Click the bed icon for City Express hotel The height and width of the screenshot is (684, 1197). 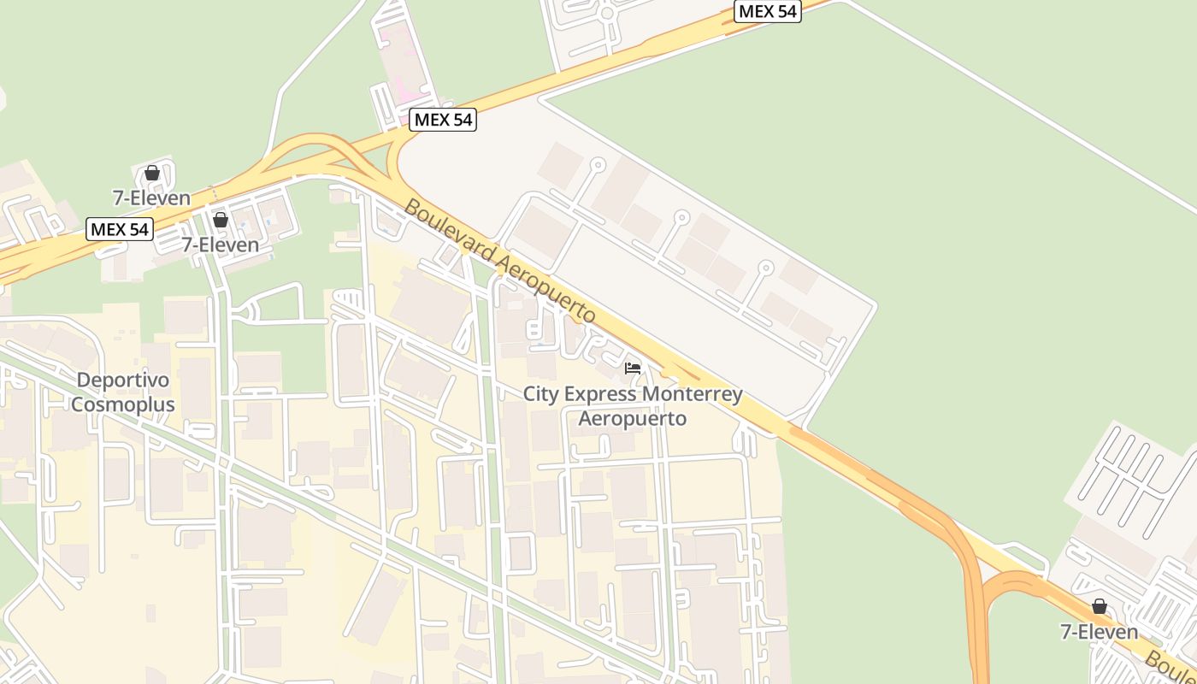tap(633, 369)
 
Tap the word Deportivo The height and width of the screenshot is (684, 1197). tap(123, 380)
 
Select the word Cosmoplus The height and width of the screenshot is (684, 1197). tap(123, 404)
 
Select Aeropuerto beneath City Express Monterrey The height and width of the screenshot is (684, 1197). tap(633, 418)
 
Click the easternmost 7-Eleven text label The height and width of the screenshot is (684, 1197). tap(1100, 632)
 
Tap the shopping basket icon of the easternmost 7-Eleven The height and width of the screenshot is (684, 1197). tap(1100, 607)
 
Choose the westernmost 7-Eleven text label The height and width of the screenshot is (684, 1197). tap(152, 198)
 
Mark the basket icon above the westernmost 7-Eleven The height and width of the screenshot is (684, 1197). tap(152, 173)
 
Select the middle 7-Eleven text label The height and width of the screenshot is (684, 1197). tap(220, 245)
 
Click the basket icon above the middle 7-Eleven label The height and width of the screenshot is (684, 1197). tap(221, 220)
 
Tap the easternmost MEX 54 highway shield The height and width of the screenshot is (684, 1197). tap(768, 11)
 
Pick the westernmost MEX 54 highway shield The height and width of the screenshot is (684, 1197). tap(120, 229)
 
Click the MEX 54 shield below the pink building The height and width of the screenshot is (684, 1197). tap(443, 120)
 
